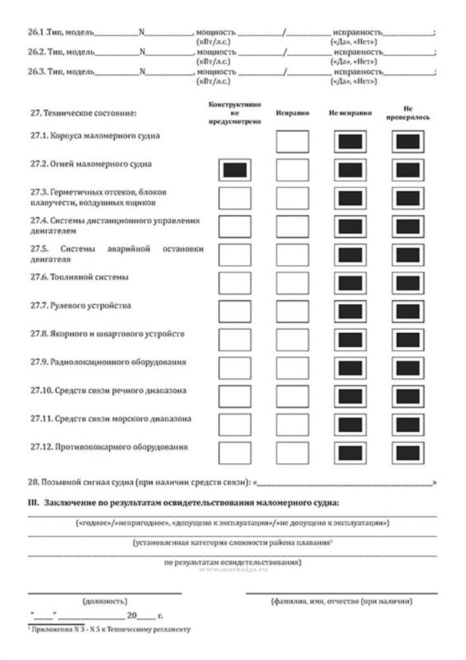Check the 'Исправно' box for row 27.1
pyautogui.click(x=292, y=141)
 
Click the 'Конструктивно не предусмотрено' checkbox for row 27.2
pyautogui.click(x=235, y=170)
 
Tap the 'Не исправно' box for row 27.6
pyautogui.click(x=350, y=283)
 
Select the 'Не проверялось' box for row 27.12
pyautogui.click(x=408, y=453)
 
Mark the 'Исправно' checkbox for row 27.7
pyautogui.click(x=292, y=312)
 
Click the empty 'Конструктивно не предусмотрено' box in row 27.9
pyautogui.click(x=235, y=368)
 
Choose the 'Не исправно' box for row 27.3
pyautogui.click(x=350, y=198)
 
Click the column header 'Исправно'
pyautogui.click(x=292, y=113)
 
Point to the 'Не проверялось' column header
pyautogui.click(x=408, y=113)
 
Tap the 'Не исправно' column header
pyautogui.click(x=350, y=113)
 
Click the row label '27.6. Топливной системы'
pyautogui.click(x=79, y=277)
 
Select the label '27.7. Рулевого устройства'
pyautogui.click(x=81, y=306)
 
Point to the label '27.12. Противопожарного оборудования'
pyautogui.click(x=109, y=447)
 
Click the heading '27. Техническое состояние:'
pyautogui.click(x=84, y=113)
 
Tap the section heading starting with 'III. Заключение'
pyautogui.click(x=183, y=503)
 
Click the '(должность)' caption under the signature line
pyautogui.click(x=105, y=601)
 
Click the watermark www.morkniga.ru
pyautogui.click(x=233, y=569)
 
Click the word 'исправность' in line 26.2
pyautogui.click(x=358, y=52)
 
